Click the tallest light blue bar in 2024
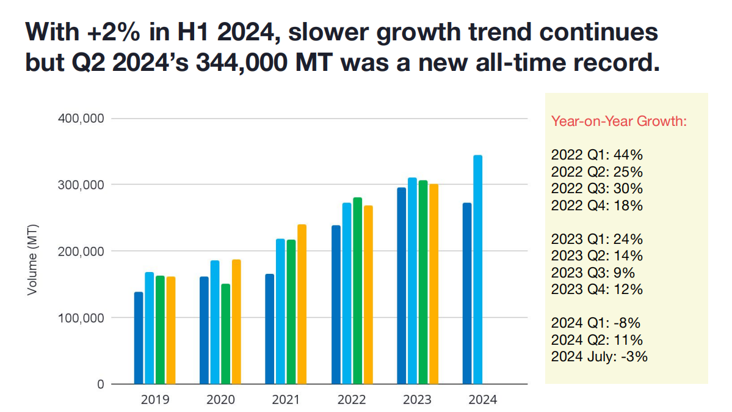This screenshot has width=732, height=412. pos(478,270)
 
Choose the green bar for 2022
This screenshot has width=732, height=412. pos(358,291)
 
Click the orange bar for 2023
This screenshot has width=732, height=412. pos(434,284)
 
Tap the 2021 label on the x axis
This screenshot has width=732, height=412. pos(285,400)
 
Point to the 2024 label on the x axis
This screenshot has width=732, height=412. pos(483,400)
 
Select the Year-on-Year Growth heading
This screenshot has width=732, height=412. pos(619,121)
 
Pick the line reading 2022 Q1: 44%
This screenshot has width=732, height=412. pos(596,154)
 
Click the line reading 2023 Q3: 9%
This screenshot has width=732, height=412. pos(593,273)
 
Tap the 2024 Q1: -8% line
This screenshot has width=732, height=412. pos(595,323)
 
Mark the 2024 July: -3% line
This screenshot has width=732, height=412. pos(599,356)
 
